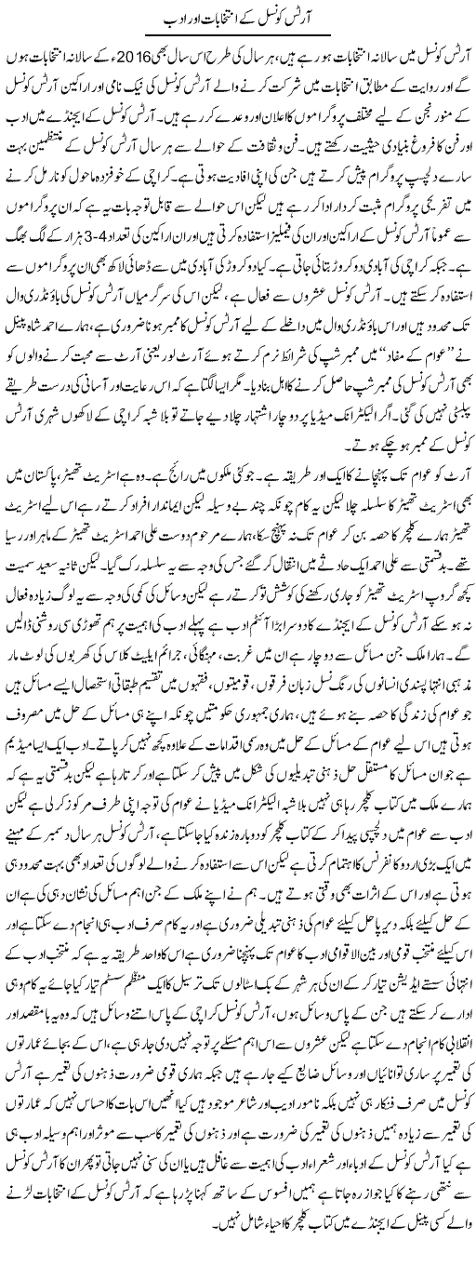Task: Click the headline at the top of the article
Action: (x=237, y=18)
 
